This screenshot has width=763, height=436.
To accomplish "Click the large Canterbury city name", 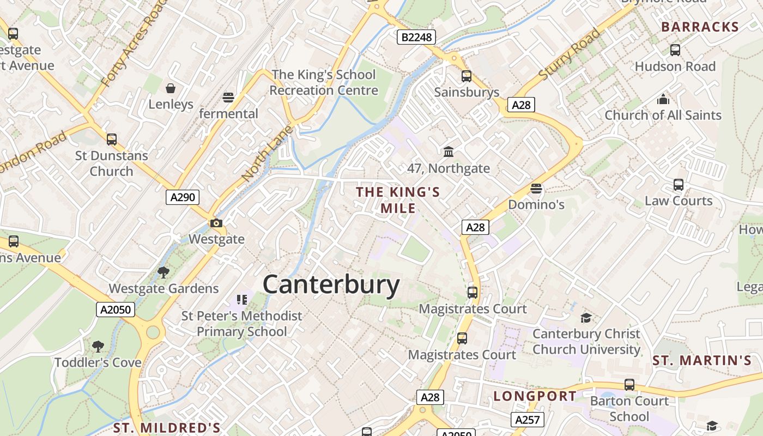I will [331, 284].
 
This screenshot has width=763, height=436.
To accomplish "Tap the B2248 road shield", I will [416, 37].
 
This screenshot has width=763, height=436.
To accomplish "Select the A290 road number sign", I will [182, 197].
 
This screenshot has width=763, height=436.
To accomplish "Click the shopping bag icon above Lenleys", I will [171, 88].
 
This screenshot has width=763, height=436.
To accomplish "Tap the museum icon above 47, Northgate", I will [449, 152].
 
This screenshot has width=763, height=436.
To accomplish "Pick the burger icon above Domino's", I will [536, 189].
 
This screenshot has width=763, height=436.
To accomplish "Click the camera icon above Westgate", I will [216, 223].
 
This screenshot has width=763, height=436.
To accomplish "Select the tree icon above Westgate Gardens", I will [163, 272].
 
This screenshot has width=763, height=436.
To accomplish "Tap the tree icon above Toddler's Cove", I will [98, 346].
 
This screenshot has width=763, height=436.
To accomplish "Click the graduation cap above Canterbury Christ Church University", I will [586, 318].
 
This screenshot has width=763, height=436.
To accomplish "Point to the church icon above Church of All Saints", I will [663, 99].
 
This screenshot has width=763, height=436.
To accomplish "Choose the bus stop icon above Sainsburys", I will [467, 76].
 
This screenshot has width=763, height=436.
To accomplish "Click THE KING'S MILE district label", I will [398, 200].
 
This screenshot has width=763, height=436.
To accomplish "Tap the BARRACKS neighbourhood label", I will [700, 27].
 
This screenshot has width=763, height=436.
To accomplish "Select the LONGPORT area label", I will [535, 396].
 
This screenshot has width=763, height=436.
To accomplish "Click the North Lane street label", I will [268, 154].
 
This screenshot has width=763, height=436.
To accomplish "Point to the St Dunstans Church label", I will [111, 163].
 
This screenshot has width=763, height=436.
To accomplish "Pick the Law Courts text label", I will [679, 201].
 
